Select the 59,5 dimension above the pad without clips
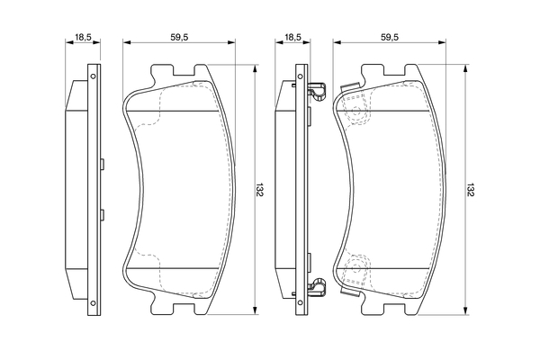tap(178, 39)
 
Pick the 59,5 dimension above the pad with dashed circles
tap(390, 39)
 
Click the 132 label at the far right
tap(470, 191)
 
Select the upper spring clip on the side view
tap(316, 92)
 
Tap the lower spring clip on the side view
tap(316, 288)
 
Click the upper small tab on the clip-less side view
tap(103, 165)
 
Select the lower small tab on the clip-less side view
tap(103, 214)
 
